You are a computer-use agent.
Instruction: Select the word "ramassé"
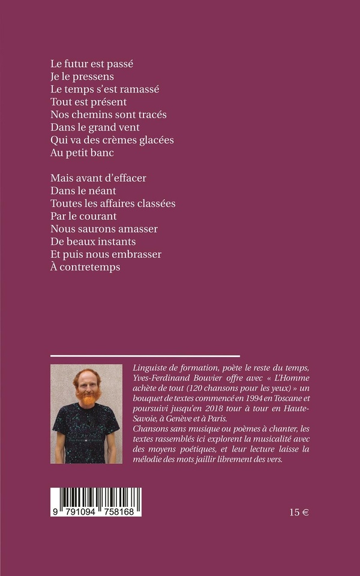[139, 89]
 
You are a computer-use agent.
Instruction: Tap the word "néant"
[103, 191]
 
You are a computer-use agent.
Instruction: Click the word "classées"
[155, 203]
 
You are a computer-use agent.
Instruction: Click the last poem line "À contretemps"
[85, 267]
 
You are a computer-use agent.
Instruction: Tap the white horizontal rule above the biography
[145, 356]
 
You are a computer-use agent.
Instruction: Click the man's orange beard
[88, 397]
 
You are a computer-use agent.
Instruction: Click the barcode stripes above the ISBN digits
[96, 497]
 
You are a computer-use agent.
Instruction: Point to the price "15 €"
[302, 512]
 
